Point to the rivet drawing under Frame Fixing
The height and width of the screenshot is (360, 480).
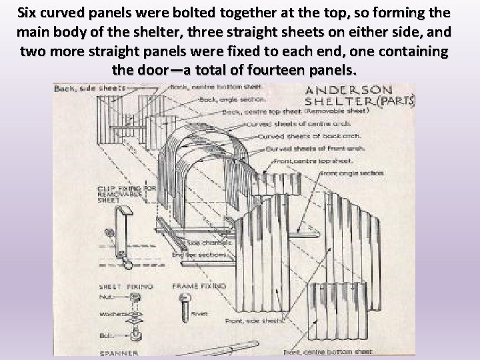point(186,306)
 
